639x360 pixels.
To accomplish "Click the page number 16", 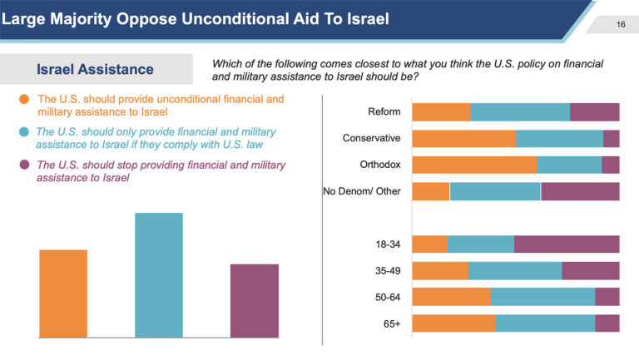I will (621, 24).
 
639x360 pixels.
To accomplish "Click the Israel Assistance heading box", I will (97, 68).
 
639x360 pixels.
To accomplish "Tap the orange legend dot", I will (24, 101).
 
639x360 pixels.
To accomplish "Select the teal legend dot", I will (24, 132).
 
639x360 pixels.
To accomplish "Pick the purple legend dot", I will (24, 165).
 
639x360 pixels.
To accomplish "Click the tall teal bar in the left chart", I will (158, 275).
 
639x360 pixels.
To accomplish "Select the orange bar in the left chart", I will (62, 293).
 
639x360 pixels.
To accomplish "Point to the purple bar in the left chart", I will (255, 300).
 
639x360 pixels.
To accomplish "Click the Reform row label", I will (384, 112).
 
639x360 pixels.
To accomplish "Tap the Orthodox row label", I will (379, 164).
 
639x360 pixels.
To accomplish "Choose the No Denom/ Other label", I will (362, 191).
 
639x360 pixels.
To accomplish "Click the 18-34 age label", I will (388, 244).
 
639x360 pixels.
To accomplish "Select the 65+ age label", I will (392, 323).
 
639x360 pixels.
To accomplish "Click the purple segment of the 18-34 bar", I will (567, 244).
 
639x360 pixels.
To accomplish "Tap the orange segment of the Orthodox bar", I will (474, 165).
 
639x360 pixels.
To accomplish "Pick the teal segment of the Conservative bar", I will (559, 138).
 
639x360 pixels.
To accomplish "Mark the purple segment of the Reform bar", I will (594, 112).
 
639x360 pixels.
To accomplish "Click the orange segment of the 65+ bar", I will (453, 323).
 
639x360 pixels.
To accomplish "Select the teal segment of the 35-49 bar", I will (515, 271).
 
